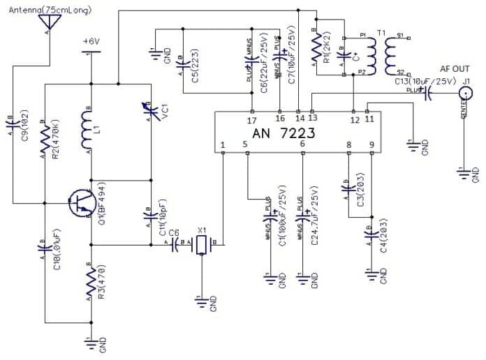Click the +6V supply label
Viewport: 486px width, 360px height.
[x=91, y=42]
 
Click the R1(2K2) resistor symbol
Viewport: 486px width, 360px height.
[x=316, y=49]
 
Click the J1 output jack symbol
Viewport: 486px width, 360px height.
[x=464, y=98]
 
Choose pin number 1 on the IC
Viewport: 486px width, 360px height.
[x=222, y=145]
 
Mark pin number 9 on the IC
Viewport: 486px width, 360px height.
[x=371, y=145]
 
